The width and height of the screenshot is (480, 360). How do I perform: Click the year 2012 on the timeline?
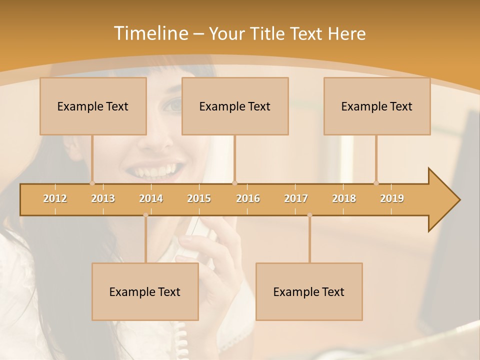tap(55, 198)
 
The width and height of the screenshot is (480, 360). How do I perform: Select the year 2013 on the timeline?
tap(103, 198)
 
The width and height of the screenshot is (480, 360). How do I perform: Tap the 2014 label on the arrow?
tap(151, 198)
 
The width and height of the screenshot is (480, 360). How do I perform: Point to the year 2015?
tap(199, 198)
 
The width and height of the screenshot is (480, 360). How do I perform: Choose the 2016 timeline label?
tap(248, 198)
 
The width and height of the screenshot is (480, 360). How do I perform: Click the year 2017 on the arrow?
tap(296, 198)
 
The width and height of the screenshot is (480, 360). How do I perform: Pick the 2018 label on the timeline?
tap(344, 198)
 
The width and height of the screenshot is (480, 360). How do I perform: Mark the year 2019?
tap(392, 198)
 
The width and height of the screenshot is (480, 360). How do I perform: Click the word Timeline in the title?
tap(149, 33)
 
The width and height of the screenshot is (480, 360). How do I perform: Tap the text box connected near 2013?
tap(93, 106)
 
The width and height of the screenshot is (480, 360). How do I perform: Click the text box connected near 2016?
tap(235, 106)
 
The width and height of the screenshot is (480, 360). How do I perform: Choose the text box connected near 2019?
tap(377, 106)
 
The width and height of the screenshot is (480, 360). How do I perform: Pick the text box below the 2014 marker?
tap(145, 291)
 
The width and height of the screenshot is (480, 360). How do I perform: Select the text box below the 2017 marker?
tap(309, 291)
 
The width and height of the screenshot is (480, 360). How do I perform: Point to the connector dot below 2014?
tap(145, 215)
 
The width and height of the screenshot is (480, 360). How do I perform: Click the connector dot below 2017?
tap(309, 215)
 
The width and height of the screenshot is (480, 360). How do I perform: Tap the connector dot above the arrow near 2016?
tap(234, 183)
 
